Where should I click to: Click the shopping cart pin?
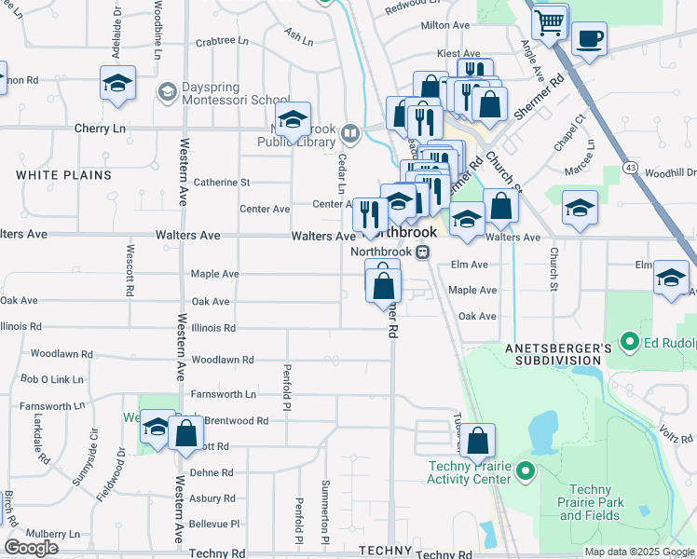tap(551, 20)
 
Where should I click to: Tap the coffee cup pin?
tap(589, 39)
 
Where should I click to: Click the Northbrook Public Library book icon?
tap(351, 133)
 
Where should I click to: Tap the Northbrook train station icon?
tap(422, 252)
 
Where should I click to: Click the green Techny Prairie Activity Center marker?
tap(525, 472)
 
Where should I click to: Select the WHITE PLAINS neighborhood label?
tap(63, 175)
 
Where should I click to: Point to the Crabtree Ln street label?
tap(222, 41)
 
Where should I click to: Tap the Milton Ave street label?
tap(446, 26)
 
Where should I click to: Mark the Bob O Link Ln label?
tap(46, 379)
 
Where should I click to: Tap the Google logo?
tap(31, 548)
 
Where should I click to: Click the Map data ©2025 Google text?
tap(638, 552)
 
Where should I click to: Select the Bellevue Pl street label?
tap(214, 525)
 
